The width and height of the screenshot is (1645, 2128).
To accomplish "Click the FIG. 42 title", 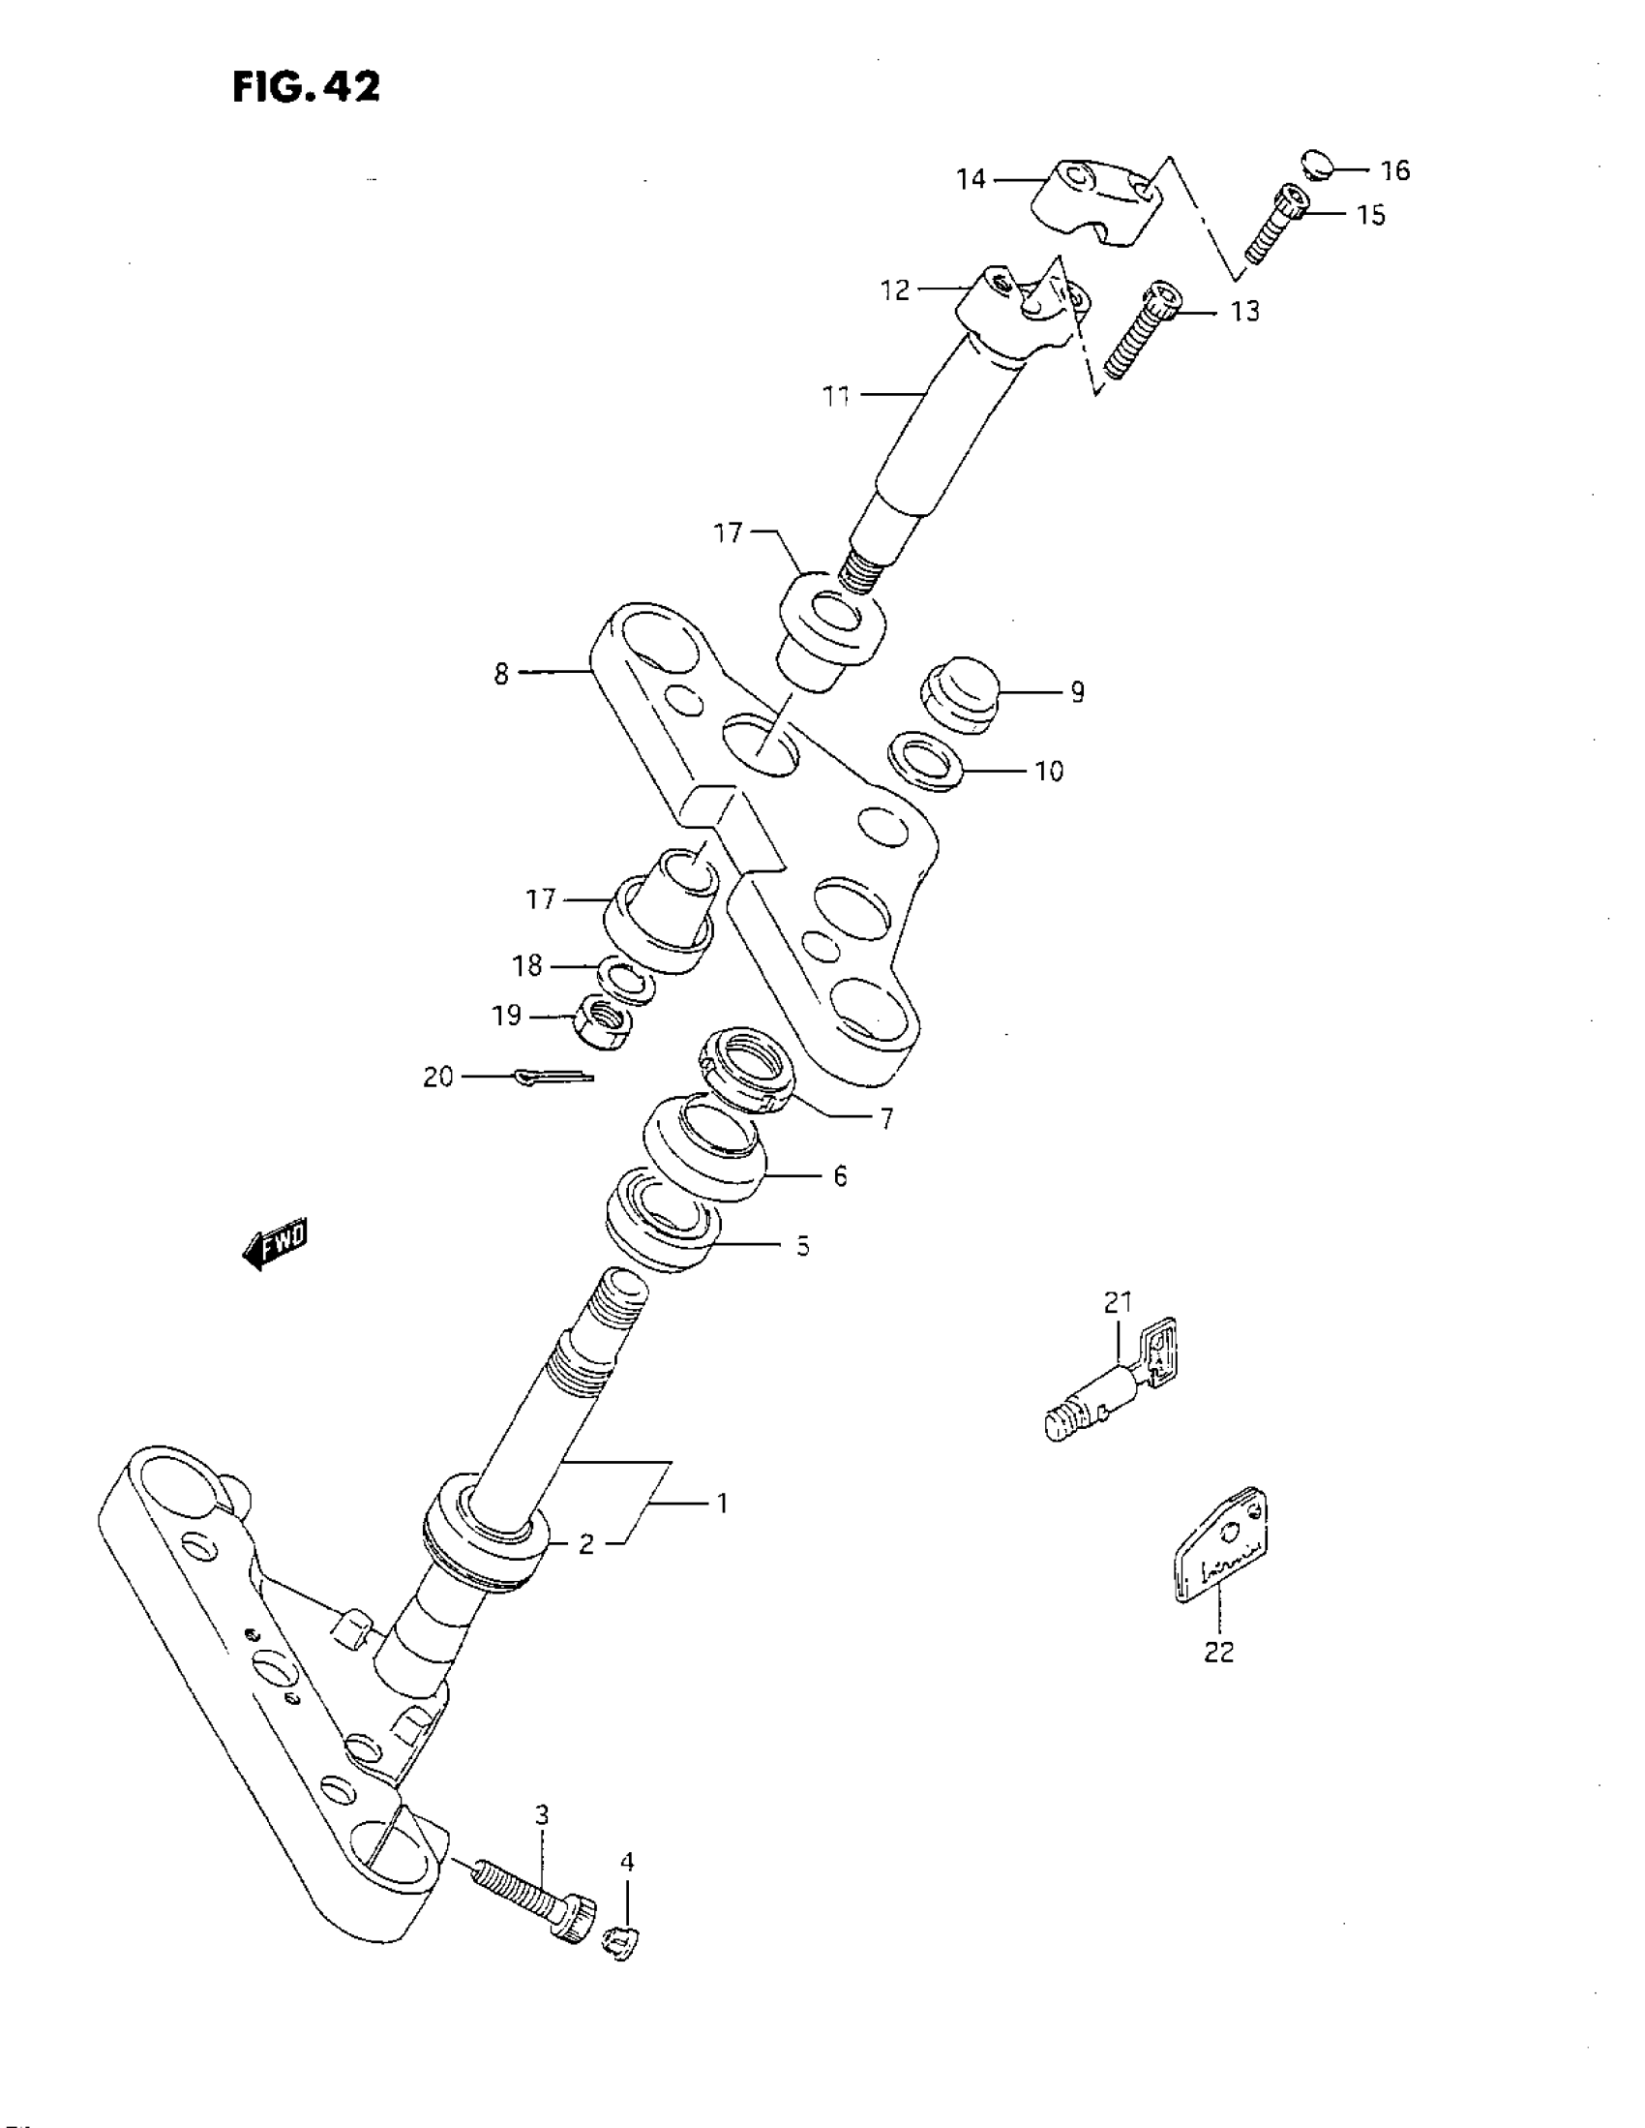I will [x=306, y=88].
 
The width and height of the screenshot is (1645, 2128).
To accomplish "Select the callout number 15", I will [x=1371, y=215].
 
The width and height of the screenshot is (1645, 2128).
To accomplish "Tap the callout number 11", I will [x=837, y=397].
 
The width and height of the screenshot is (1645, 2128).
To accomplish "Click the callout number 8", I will [x=500, y=673].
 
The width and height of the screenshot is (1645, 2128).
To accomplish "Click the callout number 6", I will [x=840, y=1176].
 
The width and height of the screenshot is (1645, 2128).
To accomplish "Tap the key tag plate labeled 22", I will [x=1221, y=1546].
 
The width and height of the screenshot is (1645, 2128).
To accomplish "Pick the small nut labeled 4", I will [x=622, y=1941].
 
